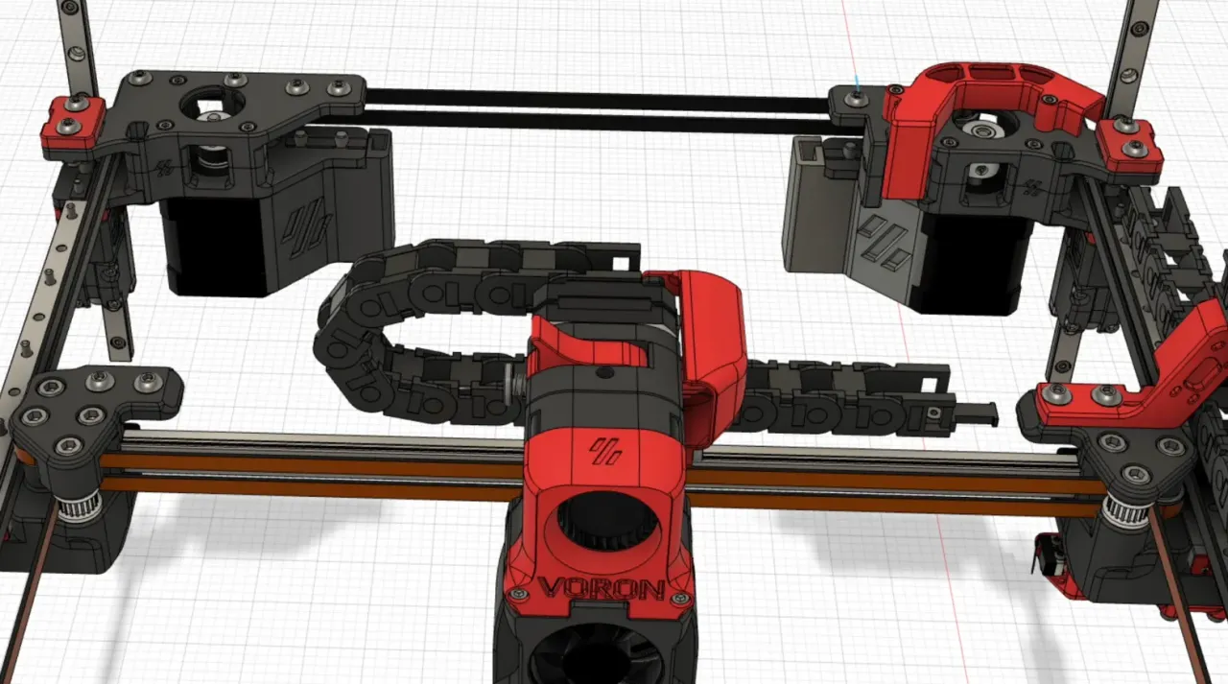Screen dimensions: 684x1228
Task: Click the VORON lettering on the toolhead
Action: (x=602, y=587)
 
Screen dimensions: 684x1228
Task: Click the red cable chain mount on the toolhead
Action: (x=715, y=355)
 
